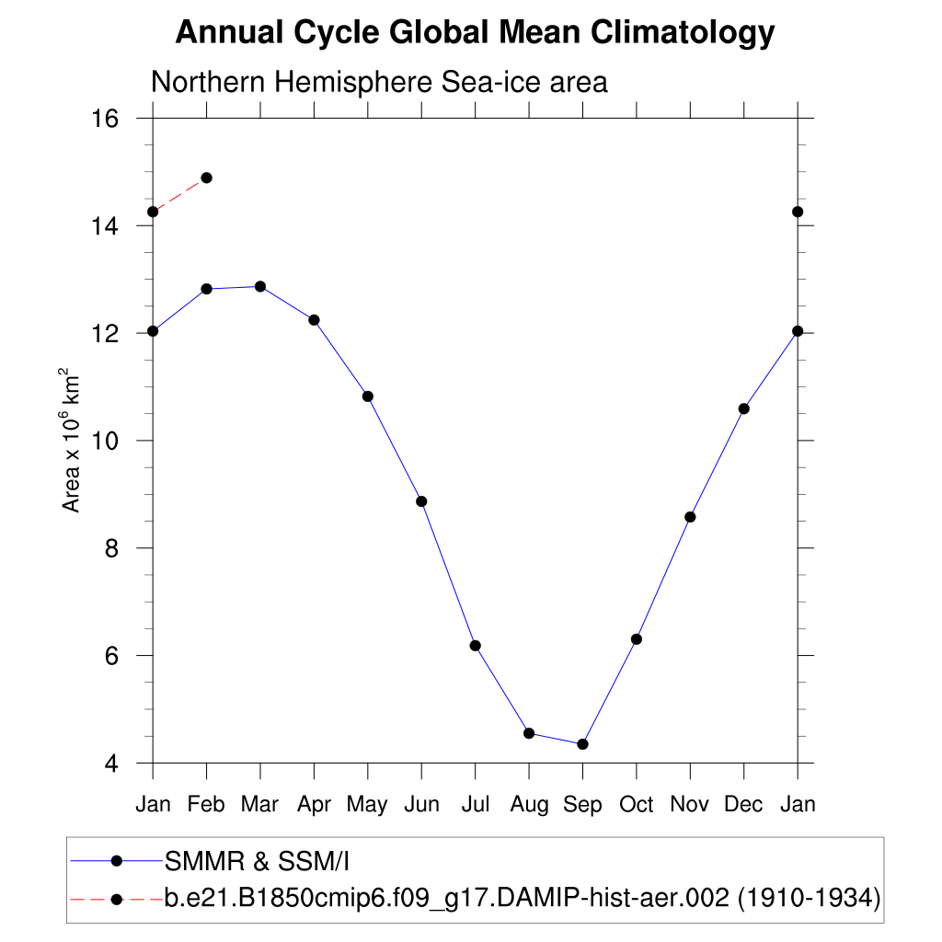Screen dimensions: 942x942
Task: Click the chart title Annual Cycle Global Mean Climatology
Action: click(475, 33)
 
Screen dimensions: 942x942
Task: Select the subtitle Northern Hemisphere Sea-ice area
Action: click(379, 82)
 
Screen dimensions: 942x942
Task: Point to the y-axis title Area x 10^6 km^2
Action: click(71, 441)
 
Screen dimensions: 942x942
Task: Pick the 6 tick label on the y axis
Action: click(111, 656)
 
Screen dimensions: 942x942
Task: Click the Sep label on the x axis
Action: click(582, 805)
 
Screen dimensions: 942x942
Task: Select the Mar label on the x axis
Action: click(259, 805)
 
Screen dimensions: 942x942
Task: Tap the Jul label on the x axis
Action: click(475, 805)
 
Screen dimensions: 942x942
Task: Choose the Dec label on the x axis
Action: click(743, 805)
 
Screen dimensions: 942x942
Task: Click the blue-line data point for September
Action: click(582, 744)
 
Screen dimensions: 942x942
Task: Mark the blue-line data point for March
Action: click(260, 286)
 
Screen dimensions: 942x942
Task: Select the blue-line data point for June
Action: click(421, 501)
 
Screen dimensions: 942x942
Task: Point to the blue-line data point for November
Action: click(690, 517)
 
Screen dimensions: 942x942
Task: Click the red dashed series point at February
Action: click(206, 178)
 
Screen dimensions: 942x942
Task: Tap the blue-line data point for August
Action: click(529, 733)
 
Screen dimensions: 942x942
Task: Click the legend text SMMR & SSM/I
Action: click(258, 861)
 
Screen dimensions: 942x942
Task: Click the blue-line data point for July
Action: click(476, 646)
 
